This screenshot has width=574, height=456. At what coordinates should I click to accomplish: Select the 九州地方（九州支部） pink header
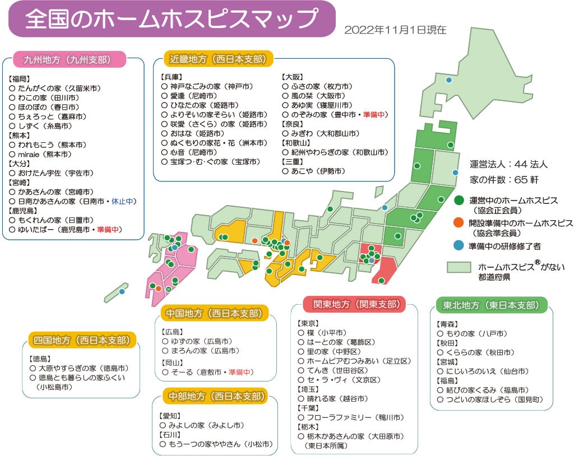pos(67,59)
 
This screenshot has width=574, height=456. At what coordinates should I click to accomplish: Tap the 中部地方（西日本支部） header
pos(216,397)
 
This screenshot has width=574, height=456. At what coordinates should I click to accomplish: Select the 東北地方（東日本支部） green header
pos(491,305)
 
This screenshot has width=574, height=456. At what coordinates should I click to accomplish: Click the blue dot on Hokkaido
pos(448,80)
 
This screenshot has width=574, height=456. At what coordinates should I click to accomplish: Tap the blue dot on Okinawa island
pos(122,291)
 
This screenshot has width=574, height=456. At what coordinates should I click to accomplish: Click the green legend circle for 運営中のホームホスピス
pos(459,199)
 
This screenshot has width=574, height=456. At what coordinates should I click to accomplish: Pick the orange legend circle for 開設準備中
pos(459,223)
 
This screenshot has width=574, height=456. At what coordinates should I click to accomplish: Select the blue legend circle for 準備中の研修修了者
pos(459,246)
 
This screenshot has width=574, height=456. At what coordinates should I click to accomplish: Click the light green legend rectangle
pos(459,267)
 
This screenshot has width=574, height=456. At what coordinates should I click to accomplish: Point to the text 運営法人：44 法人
pos(508,165)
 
